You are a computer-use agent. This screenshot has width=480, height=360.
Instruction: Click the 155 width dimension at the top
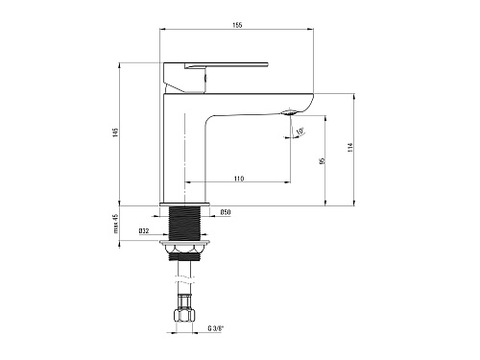click(237, 25)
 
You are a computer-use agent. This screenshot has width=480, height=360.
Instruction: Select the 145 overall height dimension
click(115, 132)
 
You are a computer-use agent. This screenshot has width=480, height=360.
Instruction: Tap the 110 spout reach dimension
click(239, 179)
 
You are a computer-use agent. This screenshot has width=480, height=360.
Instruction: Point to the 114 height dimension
click(350, 147)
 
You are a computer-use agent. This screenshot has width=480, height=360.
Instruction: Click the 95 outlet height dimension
click(323, 160)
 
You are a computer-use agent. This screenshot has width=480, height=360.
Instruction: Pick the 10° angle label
click(300, 132)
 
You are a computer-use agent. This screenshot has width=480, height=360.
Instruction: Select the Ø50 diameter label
click(226, 212)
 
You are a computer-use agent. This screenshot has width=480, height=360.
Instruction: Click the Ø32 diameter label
click(144, 231)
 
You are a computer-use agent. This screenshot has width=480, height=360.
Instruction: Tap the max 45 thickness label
click(116, 224)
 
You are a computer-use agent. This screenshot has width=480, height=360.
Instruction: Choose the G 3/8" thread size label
click(216, 328)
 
